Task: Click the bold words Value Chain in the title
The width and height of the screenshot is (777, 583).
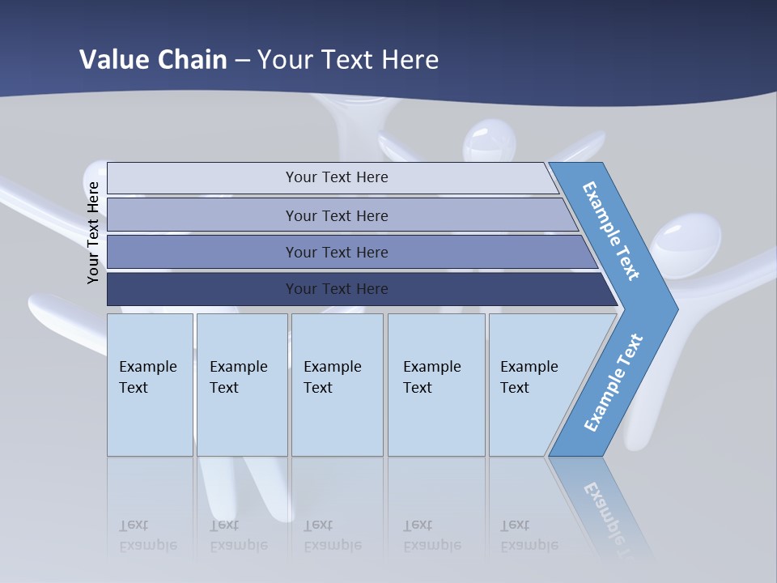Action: pos(153,60)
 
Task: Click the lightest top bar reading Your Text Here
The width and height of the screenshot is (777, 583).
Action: pos(336,177)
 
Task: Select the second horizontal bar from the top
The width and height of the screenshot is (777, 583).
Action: pos(336,215)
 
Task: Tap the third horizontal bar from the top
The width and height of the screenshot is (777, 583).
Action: pos(336,252)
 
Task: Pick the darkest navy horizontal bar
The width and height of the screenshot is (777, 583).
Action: pos(336,289)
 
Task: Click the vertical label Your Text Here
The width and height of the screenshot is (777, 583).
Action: pos(93,233)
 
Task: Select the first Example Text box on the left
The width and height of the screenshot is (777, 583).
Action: pos(150,384)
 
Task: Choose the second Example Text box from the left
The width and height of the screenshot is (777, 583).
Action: pos(241,384)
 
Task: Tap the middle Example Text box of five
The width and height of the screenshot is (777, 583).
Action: pos(336,384)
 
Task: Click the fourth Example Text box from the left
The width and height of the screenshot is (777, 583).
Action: pos(435,384)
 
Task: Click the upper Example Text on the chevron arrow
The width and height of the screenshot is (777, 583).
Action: pos(611,231)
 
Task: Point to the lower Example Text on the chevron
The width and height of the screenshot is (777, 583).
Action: pos(613,383)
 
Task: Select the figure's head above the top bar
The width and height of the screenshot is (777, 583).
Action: pos(489,141)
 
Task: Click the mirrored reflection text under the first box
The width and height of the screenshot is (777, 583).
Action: pos(147,535)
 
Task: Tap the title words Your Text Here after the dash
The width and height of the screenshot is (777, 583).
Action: pos(348,60)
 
